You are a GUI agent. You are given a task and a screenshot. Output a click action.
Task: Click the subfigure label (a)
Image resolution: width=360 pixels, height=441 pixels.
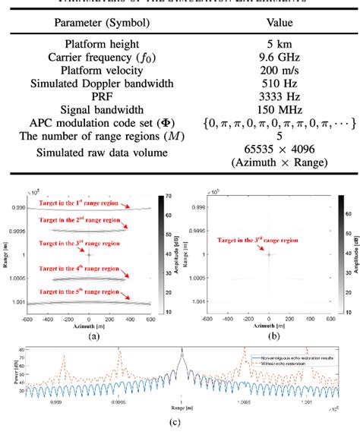(x=89, y=336)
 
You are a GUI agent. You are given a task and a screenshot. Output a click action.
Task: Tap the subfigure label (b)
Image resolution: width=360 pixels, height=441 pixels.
(x=269, y=336)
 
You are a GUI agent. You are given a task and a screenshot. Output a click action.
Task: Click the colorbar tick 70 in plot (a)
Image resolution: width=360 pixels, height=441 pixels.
(x=169, y=196)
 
